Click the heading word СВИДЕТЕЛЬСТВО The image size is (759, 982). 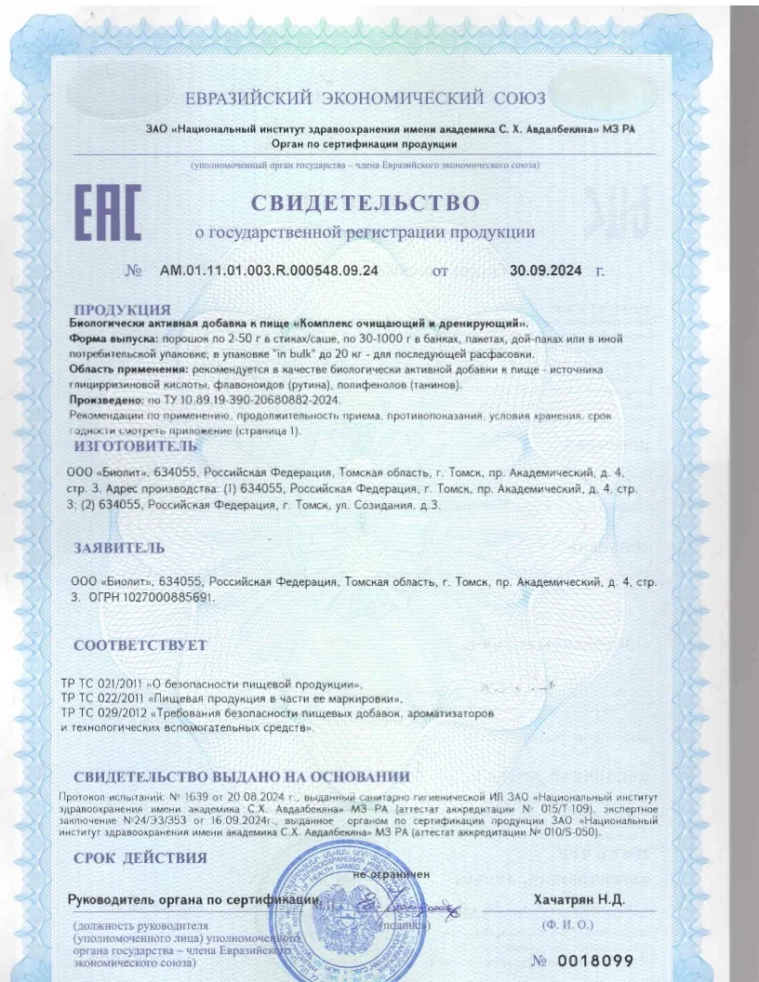365,203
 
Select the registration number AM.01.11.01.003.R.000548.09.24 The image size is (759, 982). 269,271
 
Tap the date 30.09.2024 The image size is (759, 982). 546,271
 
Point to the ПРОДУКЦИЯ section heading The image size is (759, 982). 122,309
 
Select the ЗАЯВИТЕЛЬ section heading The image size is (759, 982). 120,549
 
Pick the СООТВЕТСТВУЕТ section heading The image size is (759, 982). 140,644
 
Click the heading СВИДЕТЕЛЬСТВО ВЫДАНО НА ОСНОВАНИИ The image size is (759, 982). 241,777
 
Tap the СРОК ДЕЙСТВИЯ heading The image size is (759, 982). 140,857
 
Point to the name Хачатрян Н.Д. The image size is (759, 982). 579,899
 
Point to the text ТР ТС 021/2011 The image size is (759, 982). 102,683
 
